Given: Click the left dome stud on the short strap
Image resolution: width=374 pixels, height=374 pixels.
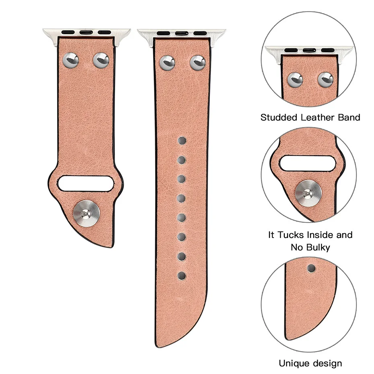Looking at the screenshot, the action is (71, 60).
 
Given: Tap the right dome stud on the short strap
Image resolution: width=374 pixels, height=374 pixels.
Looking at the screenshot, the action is (101, 60).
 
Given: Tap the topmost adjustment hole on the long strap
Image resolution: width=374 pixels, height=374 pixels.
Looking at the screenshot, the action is (182, 141).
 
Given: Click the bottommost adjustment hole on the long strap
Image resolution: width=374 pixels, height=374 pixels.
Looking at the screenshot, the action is (182, 275).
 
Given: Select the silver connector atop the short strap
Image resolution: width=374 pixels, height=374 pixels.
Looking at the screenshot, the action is (87, 33).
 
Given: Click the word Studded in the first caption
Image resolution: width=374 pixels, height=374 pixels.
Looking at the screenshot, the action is (279, 118).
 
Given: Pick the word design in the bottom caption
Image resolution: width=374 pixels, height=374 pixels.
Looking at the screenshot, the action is (327, 364).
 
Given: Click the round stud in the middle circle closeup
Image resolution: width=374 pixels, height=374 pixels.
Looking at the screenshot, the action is (308, 193).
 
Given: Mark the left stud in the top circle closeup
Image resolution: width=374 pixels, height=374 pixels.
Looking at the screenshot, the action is (294, 79).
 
